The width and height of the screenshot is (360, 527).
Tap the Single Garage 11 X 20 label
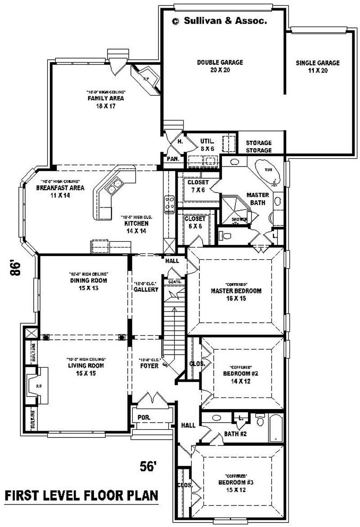(317, 67)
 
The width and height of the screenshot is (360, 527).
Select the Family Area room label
(105, 102)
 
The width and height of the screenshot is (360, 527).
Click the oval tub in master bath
(266, 173)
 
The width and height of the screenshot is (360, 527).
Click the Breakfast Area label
(54, 191)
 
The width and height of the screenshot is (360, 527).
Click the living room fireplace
(36, 385)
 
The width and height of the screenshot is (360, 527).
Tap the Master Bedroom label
(236, 294)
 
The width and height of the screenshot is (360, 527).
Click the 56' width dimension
(148, 466)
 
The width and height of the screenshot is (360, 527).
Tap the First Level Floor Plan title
(81, 495)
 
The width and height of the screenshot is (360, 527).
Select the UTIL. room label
(207, 144)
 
